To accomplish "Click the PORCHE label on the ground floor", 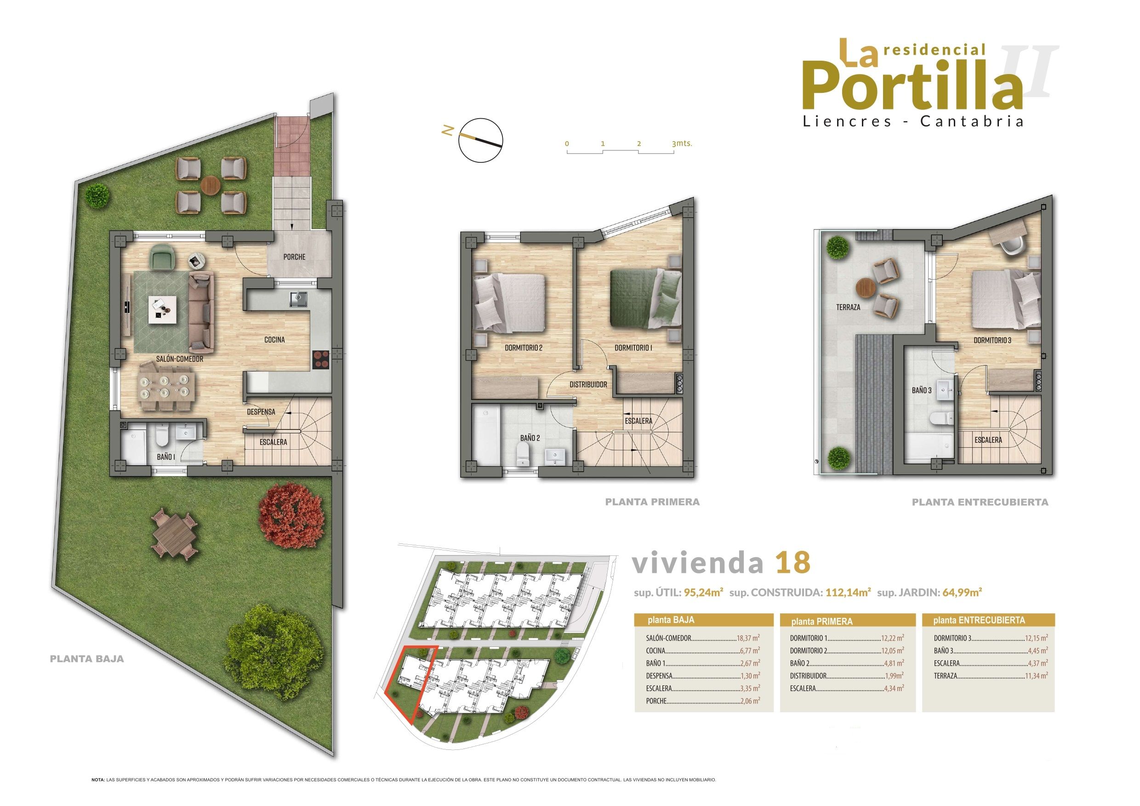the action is (x=295, y=257).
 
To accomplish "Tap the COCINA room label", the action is (x=274, y=340).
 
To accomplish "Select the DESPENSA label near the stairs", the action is (x=261, y=412).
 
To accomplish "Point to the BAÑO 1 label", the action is (x=166, y=457).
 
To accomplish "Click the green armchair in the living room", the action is (x=162, y=258).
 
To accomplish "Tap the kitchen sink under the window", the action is (x=299, y=298).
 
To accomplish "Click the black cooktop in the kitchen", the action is (x=321, y=360).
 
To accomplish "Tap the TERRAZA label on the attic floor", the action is (x=848, y=307).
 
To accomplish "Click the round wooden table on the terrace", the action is (x=866, y=286).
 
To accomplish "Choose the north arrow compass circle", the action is (x=481, y=140).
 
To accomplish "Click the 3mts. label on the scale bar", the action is (x=681, y=143).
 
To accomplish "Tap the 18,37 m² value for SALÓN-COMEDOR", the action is (x=748, y=638).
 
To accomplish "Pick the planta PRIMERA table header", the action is (x=822, y=621).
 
